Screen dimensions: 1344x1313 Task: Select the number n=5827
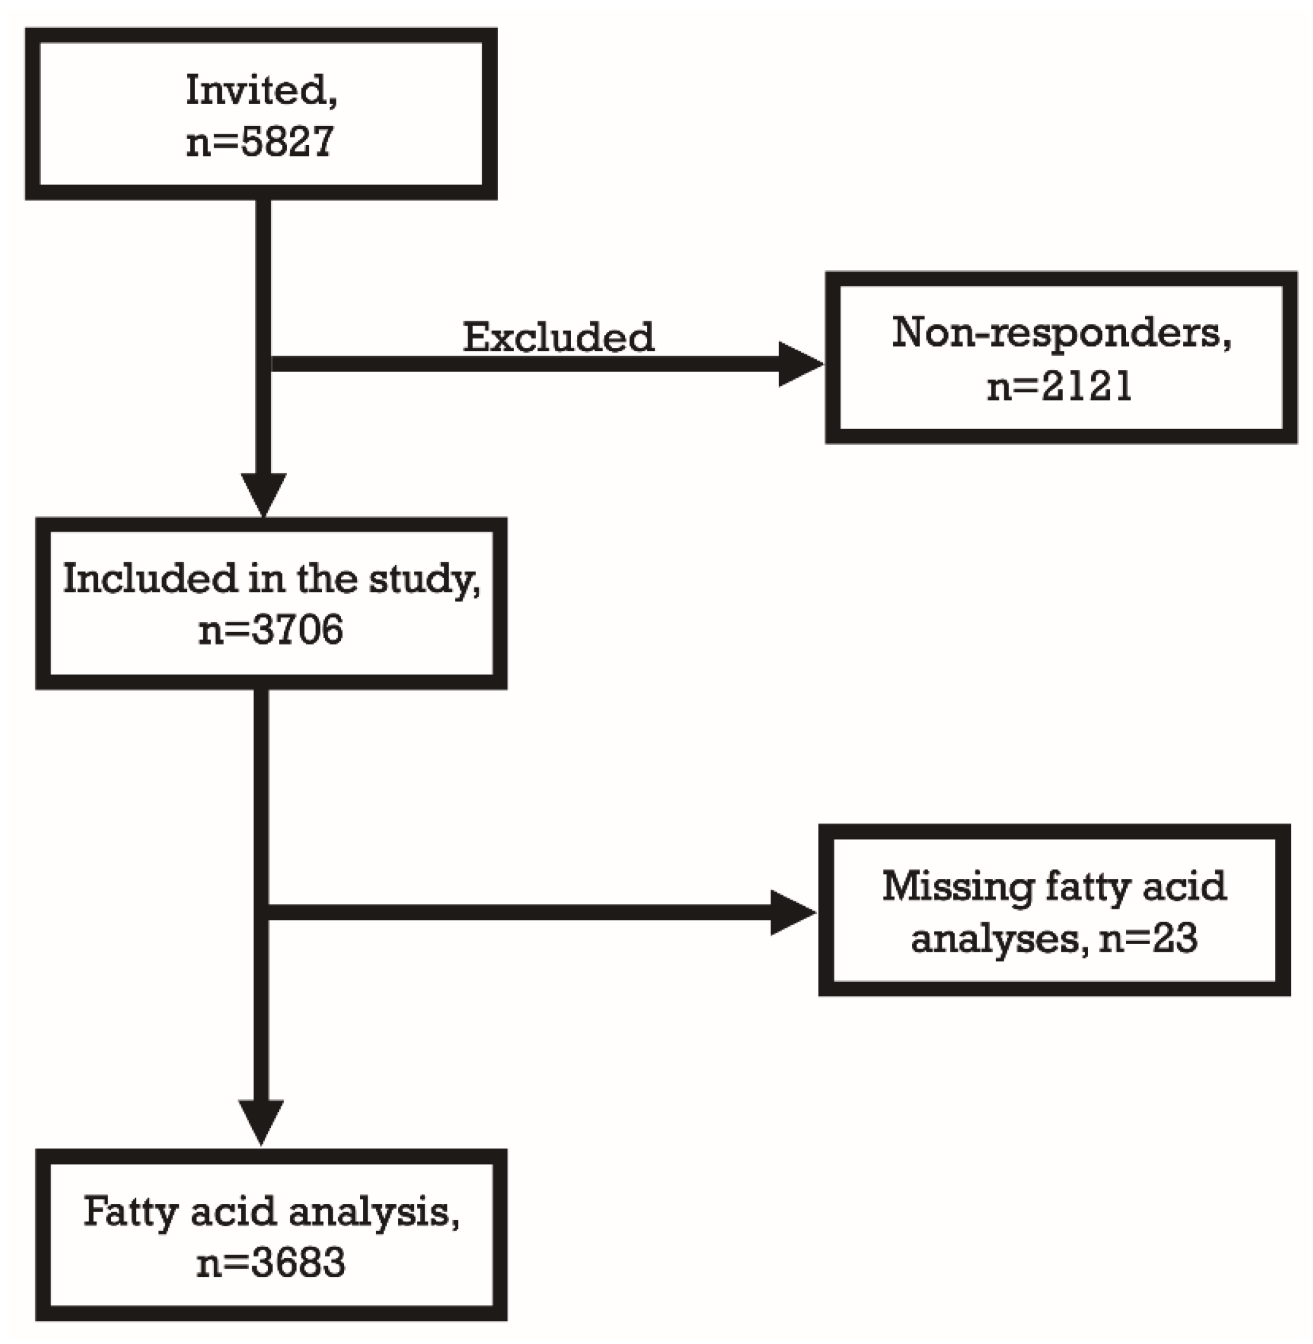pos(260,142)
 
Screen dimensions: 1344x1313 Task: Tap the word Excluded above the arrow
pos(558,337)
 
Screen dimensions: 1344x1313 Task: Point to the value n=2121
pos(1060,386)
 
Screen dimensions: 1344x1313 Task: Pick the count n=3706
pos(271,630)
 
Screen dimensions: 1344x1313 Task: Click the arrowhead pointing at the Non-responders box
pos(799,364)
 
